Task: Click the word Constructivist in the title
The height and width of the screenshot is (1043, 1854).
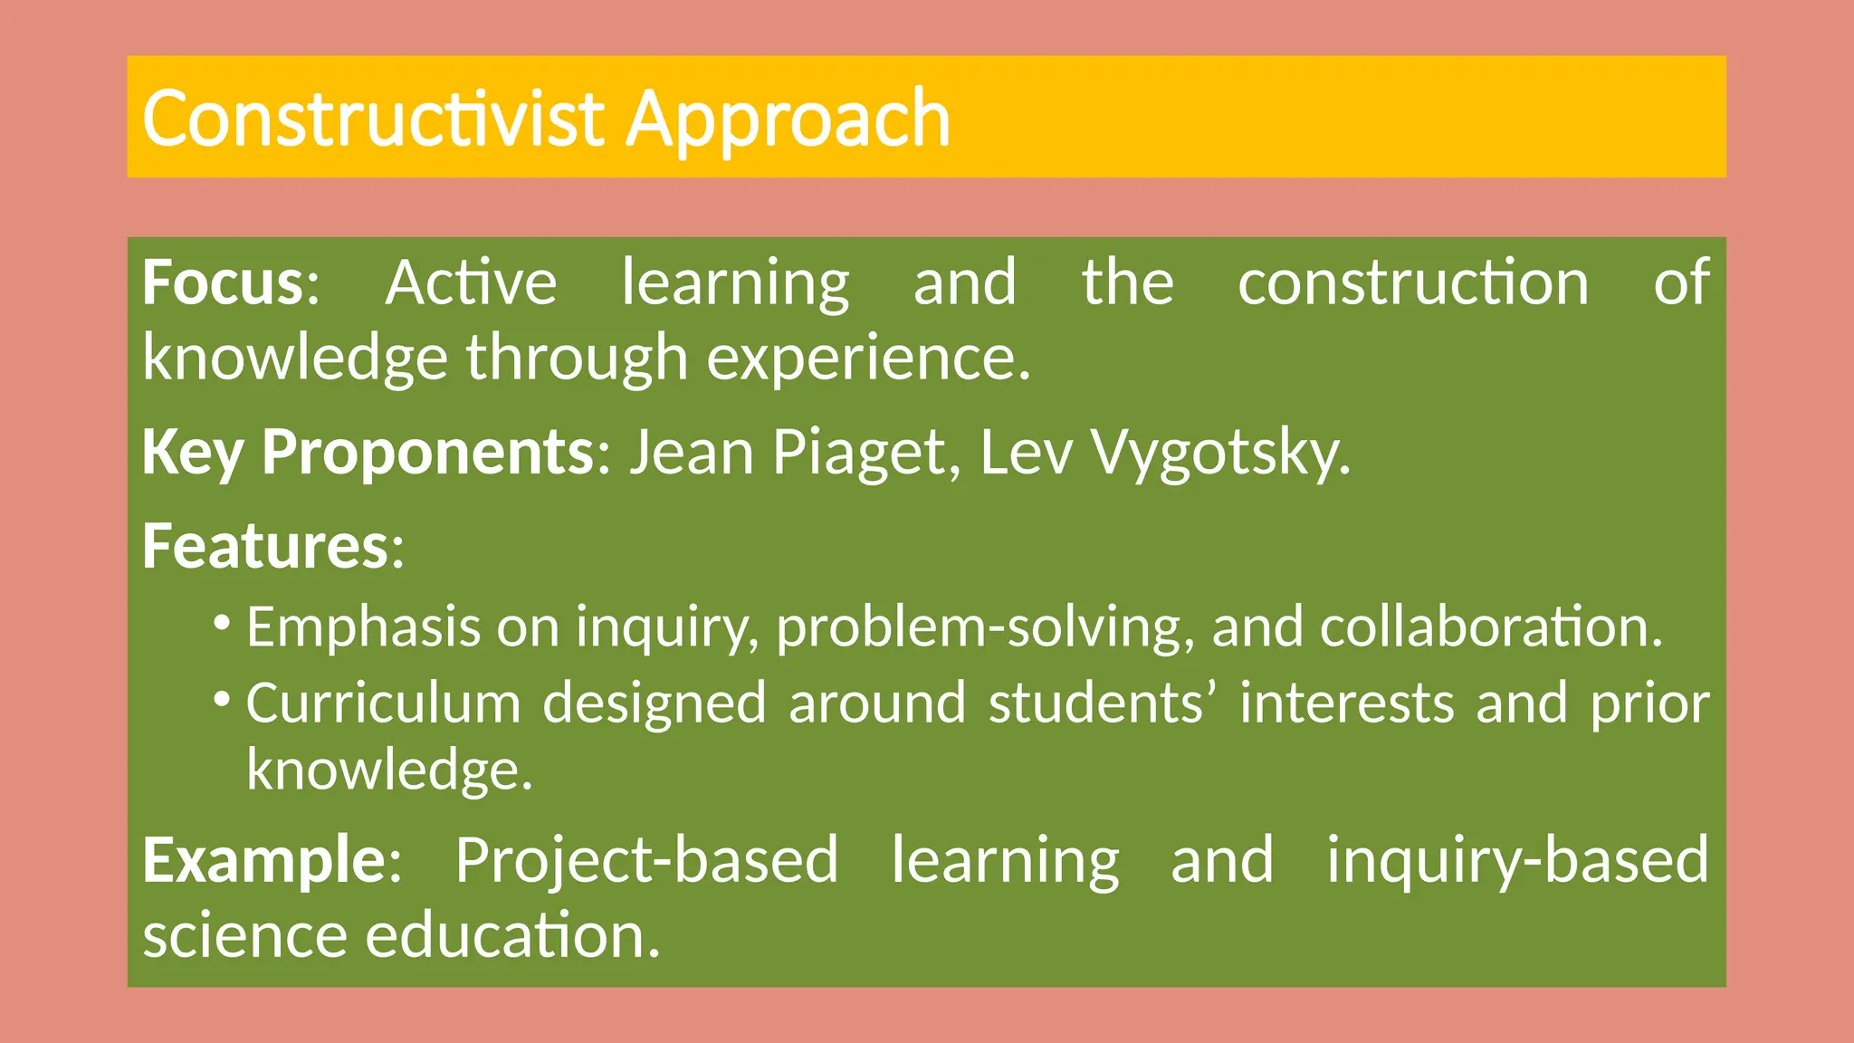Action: pyautogui.click(x=372, y=119)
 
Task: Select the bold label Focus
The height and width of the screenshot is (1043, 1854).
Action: pyautogui.click(x=223, y=282)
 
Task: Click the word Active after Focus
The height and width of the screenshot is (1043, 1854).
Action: pyautogui.click(x=471, y=282)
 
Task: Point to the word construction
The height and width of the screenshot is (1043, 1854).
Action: pyautogui.click(x=1413, y=282)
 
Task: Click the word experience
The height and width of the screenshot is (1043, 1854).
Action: pyautogui.click(x=866, y=358)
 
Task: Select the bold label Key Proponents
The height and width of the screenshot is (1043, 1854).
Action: pyautogui.click(x=368, y=452)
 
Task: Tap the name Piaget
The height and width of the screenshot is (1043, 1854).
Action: pyautogui.click(x=857, y=452)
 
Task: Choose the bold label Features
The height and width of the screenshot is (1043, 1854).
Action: pyautogui.click(x=265, y=546)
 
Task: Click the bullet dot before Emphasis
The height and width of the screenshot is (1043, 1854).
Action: pyautogui.click(x=222, y=622)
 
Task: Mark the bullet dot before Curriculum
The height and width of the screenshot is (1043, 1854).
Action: pyautogui.click(x=222, y=698)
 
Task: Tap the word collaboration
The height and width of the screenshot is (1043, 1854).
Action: pyautogui.click(x=1490, y=627)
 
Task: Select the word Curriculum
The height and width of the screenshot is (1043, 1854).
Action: pyautogui.click(x=383, y=703)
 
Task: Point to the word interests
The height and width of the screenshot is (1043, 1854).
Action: pyautogui.click(x=1346, y=703)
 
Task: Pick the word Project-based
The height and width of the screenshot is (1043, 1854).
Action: pyautogui.click(x=646, y=859)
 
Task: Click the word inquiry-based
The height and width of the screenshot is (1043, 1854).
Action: pyautogui.click(x=1517, y=859)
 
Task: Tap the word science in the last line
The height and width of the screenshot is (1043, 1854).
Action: pyautogui.click(x=244, y=935)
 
